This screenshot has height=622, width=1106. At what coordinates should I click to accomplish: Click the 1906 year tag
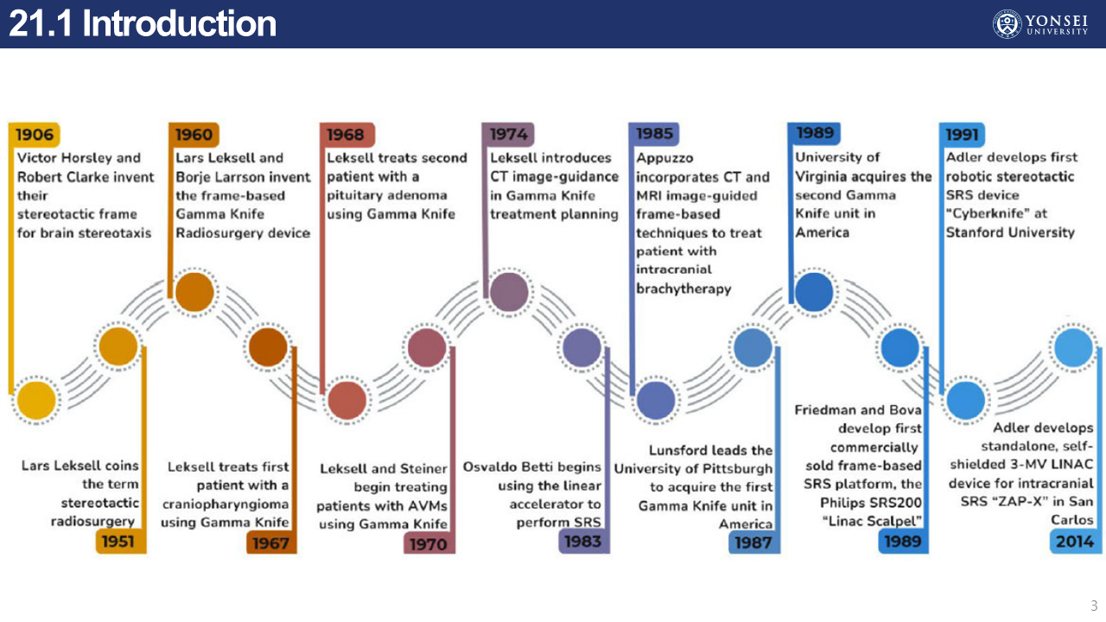(34, 135)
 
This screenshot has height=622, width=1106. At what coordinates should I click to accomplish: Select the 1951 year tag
(118, 542)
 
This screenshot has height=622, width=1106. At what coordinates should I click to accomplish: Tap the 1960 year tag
(194, 135)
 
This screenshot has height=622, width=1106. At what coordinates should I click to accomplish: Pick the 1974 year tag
(508, 135)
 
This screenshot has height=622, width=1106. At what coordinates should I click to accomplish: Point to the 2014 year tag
(1075, 542)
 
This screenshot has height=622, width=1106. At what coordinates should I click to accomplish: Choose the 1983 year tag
(582, 542)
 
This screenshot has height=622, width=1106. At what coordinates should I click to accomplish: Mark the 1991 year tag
(962, 135)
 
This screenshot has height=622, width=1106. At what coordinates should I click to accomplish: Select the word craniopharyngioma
(225, 505)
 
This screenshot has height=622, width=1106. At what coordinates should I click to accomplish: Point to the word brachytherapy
(683, 289)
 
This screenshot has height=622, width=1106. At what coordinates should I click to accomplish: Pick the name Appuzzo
(664, 158)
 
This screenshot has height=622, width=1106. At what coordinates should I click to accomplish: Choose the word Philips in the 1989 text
(842, 503)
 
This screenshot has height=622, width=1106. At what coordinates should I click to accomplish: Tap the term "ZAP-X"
(1015, 502)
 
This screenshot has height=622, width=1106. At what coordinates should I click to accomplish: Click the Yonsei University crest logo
(1006, 23)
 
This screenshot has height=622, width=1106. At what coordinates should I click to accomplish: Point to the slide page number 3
(1093, 606)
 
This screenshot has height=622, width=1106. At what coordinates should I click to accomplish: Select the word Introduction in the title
(179, 24)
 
